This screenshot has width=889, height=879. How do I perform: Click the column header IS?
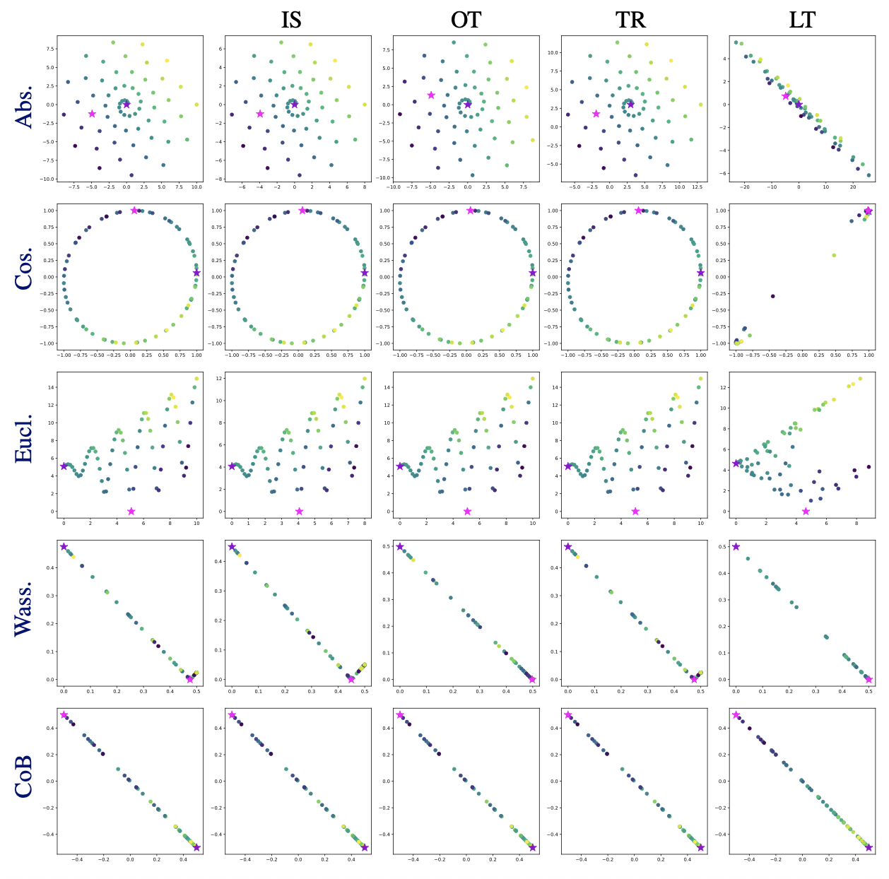[291, 20]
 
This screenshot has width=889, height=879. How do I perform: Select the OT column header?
[466, 20]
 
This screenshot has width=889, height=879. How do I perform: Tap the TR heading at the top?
[630, 20]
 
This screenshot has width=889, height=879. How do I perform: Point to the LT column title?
[802, 20]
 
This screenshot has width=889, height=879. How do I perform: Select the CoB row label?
[24, 778]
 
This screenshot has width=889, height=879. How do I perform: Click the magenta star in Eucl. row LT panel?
[806, 511]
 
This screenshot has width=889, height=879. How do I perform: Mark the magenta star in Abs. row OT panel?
[431, 95]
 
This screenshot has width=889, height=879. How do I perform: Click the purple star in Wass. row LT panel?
[736, 546]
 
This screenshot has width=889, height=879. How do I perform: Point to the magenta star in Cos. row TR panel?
[639, 211]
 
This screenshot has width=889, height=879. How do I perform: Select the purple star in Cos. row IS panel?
[365, 273]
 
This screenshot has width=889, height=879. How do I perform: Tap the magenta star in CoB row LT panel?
[736, 715]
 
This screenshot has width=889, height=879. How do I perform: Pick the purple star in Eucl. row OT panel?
[400, 466]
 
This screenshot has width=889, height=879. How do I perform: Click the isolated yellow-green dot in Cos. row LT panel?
[834, 255]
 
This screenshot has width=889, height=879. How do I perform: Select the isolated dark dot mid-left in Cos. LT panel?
[772, 296]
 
